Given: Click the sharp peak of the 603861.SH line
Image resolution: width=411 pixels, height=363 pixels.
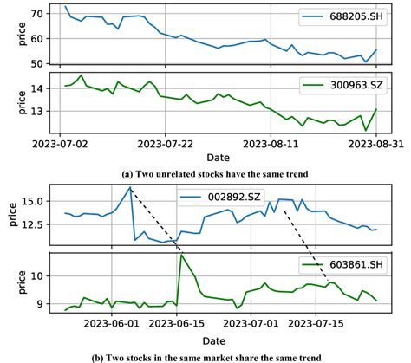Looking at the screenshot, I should coord(180,255).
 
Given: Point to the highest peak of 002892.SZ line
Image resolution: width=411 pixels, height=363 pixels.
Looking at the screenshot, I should coord(130,187).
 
